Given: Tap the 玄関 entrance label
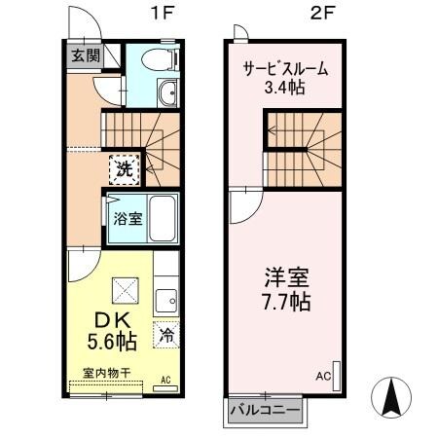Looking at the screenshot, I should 83,55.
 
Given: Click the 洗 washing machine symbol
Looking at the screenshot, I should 125,168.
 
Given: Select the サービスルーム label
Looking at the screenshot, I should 284,69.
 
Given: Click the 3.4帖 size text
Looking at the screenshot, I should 284,90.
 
